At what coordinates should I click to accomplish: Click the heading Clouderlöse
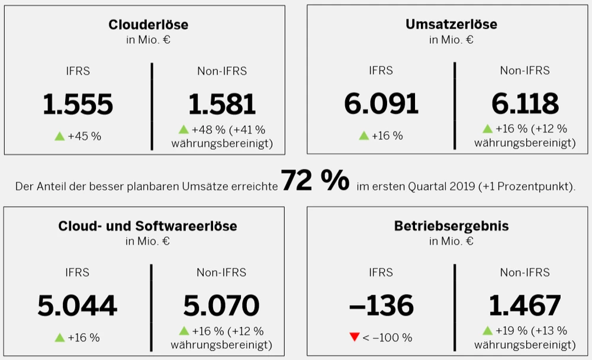tap(149, 24)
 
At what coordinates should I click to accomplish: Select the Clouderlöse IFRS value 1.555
tap(78, 105)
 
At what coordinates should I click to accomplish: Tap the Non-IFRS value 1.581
tap(222, 105)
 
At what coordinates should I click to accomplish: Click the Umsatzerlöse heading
tap(451, 24)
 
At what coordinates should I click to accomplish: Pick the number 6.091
tap(381, 105)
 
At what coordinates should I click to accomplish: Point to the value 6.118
tap(525, 105)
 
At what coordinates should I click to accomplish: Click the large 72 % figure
tap(315, 181)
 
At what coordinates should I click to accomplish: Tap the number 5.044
tap(78, 306)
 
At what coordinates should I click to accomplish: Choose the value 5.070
tap(221, 306)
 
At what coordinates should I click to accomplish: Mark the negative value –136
tap(381, 306)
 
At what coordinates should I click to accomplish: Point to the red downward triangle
tap(355, 337)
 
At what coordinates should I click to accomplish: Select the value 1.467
tap(525, 306)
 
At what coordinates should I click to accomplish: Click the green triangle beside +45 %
tap(59, 136)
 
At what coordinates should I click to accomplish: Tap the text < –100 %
tap(387, 337)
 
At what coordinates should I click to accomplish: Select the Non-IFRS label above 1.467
tap(525, 272)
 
